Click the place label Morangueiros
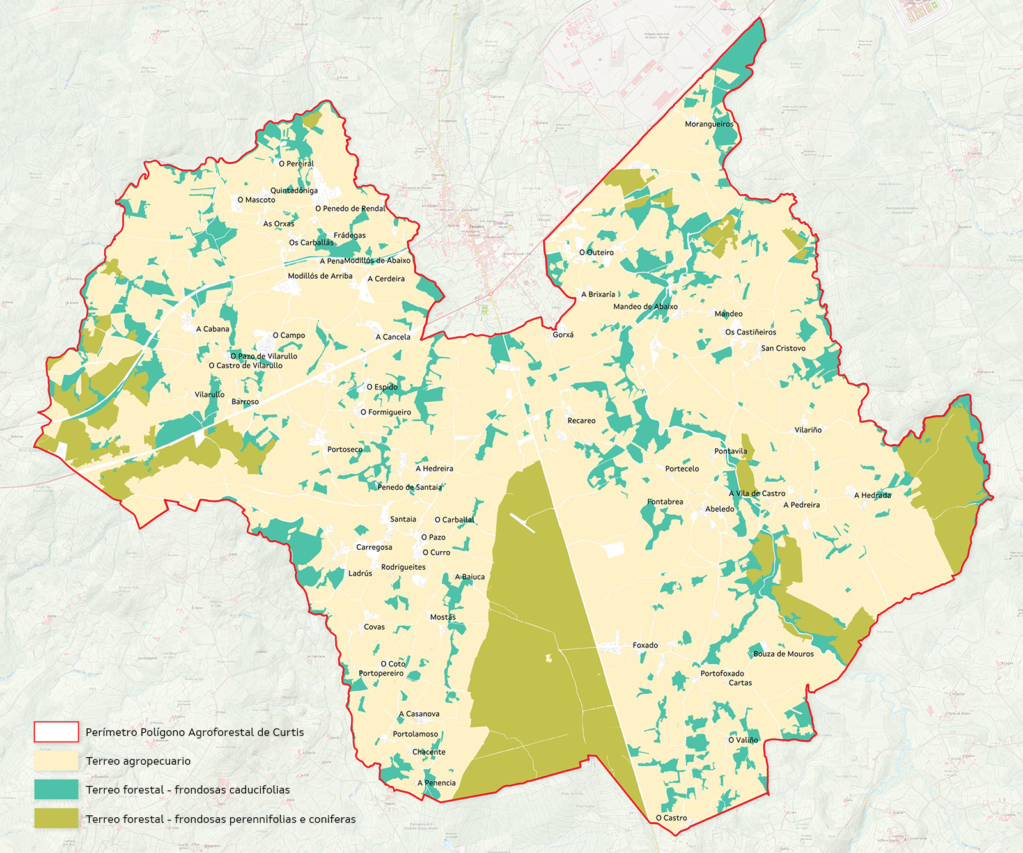click(709, 124)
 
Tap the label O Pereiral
click(296, 164)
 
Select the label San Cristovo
click(783, 348)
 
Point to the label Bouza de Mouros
click(783, 653)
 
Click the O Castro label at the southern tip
click(671, 818)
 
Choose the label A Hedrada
click(872, 495)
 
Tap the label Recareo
click(581, 421)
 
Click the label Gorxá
click(563, 334)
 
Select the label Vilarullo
click(209, 395)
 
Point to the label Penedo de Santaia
click(409, 487)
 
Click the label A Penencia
click(437, 783)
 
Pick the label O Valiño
click(743, 740)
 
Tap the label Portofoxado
click(722, 673)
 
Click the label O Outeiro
click(596, 253)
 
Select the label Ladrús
click(360, 574)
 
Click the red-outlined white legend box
click(56, 732)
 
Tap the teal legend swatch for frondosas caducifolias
click(56, 790)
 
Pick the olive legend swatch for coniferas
click(56, 818)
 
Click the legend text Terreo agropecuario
click(138, 761)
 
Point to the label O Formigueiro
click(386, 412)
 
